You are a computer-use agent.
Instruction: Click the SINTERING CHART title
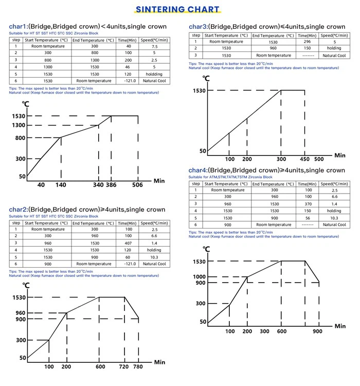(x=177, y=9)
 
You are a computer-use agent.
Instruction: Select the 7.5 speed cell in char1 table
(x=154, y=46)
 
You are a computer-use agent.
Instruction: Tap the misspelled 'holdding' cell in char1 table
(x=154, y=74)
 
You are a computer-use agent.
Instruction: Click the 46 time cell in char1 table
(x=128, y=67)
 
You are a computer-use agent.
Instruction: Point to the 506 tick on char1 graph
(x=137, y=185)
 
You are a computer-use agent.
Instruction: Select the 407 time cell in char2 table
(x=128, y=243)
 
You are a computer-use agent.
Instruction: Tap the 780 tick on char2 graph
(x=138, y=366)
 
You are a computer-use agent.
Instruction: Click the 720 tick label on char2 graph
(x=124, y=366)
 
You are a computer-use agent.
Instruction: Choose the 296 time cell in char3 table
(x=307, y=42)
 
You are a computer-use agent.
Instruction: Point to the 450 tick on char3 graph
(x=305, y=159)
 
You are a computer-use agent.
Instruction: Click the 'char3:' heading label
(x=198, y=27)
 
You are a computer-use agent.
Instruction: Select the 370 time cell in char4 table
(x=308, y=204)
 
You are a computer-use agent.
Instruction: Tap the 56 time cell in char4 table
(x=308, y=218)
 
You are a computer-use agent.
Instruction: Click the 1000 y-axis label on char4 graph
(x=200, y=277)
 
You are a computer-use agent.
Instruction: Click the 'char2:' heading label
(x=19, y=209)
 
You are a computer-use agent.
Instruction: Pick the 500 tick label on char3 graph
(x=319, y=159)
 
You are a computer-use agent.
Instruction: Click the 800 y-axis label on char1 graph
(x=21, y=138)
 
